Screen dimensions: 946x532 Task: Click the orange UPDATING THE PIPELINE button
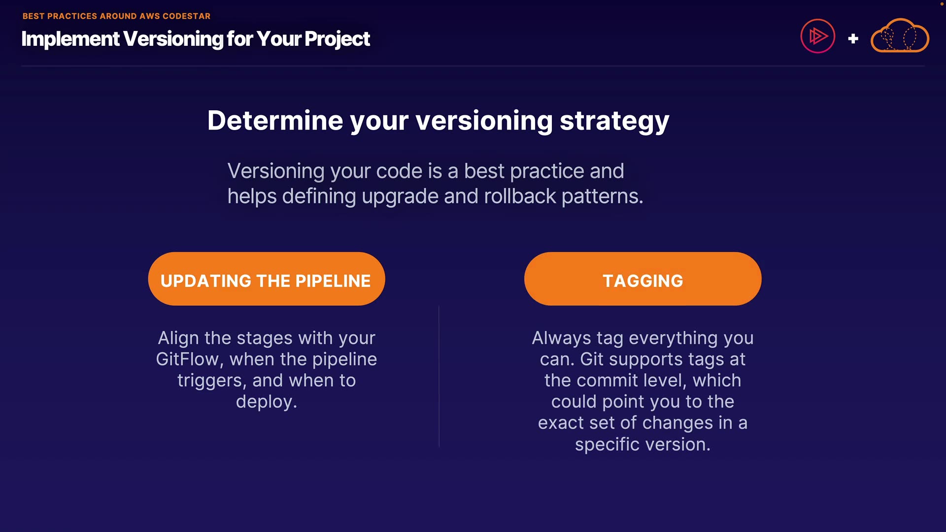pos(267,279)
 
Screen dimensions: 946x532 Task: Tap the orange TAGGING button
pos(643,279)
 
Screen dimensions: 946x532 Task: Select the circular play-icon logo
pos(818,36)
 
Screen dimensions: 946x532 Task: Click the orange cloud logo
pos(900,35)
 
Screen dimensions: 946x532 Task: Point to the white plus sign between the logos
pos(853,38)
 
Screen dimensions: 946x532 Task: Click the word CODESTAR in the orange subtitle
pos(186,16)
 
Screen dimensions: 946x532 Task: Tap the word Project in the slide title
pos(337,39)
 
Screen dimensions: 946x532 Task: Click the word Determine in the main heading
pos(275,121)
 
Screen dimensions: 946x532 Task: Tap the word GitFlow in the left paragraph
pos(187,359)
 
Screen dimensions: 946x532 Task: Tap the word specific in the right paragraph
pos(608,445)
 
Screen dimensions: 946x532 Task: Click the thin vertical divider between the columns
pos(439,376)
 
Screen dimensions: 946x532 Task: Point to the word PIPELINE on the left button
pos(333,281)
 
